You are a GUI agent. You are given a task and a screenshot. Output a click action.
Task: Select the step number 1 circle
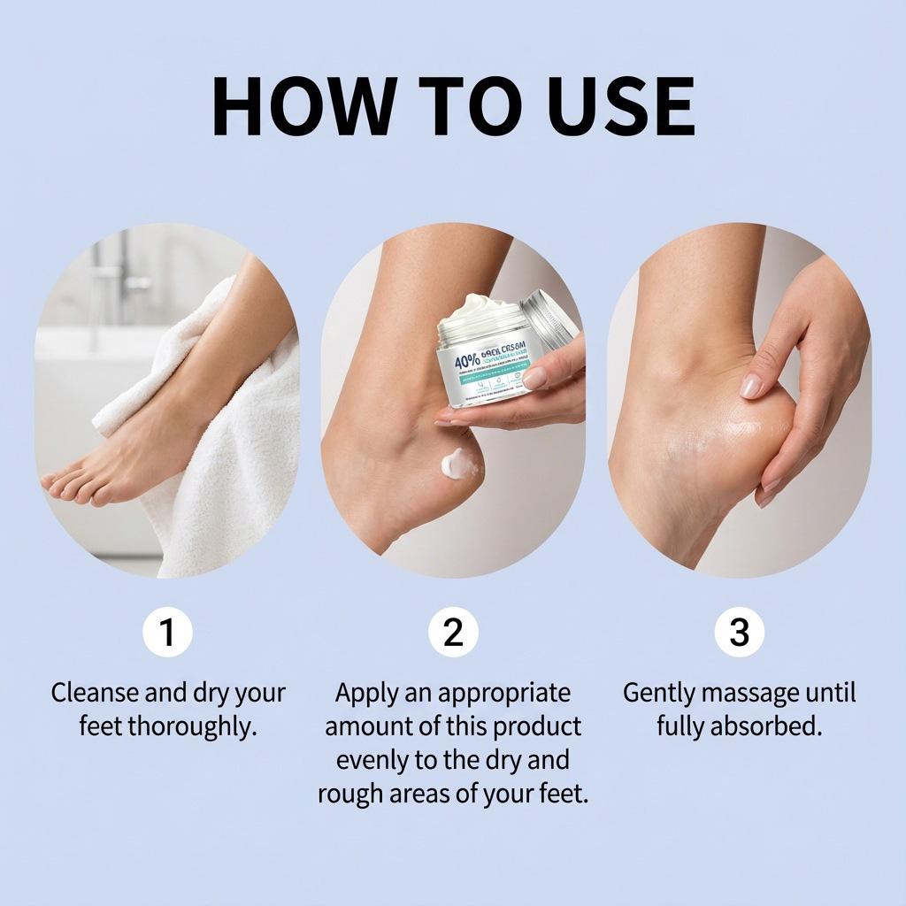pos(167,633)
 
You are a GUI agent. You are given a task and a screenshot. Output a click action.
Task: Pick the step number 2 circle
pos(453,633)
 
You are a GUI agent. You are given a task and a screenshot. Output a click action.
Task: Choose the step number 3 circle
pos(739,633)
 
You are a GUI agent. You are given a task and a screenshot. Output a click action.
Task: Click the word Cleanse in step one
pos(96,693)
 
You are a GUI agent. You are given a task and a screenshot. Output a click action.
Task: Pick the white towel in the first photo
pos(230,442)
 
